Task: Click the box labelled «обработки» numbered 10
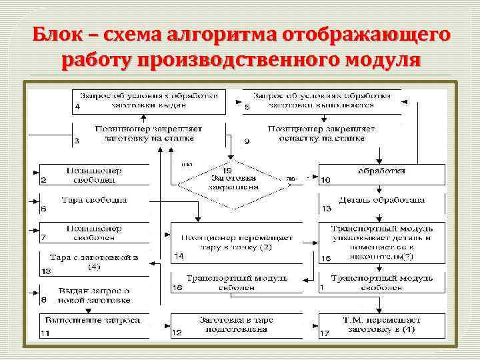coord(381,175)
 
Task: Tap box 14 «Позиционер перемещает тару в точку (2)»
coord(237,242)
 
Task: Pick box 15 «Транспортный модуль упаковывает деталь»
coord(381,242)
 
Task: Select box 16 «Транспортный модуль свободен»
coord(237,282)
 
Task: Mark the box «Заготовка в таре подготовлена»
coord(237,325)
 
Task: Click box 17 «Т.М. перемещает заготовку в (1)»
coord(381,325)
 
